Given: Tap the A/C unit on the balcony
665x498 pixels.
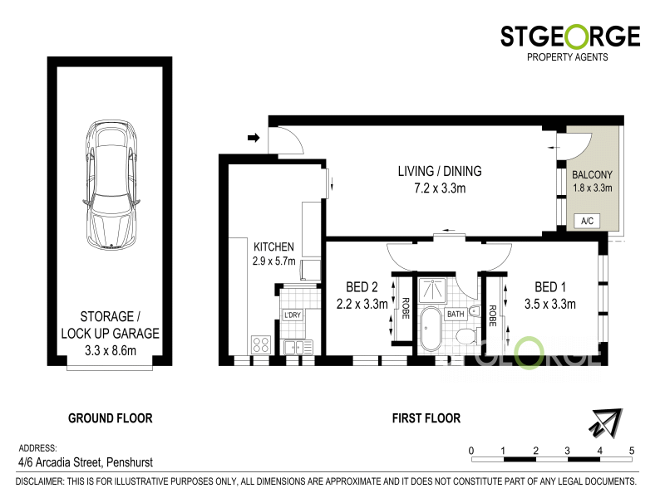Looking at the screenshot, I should [587, 221].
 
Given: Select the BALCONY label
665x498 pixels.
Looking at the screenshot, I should [592, 174].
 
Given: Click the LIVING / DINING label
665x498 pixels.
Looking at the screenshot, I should [439, 172].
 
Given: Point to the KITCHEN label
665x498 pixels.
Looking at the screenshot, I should [273, 247].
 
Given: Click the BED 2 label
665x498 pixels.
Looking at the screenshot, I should [352, 288].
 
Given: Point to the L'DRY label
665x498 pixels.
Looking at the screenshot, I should [292, 315].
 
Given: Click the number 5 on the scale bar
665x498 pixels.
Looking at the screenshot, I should [632, 451].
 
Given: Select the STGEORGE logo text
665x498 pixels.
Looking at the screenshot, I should [569, 37].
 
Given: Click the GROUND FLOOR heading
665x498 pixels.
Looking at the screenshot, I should [110, 418].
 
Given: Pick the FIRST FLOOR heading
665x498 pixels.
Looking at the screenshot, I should [426, 418].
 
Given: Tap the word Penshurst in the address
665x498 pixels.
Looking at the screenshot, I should [127, 462].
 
